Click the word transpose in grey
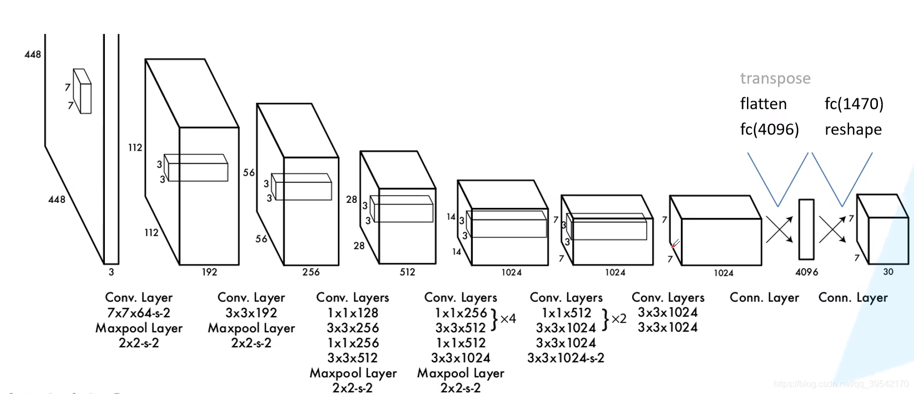pyautogui.click(x=775, y=78)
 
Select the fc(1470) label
pyautogui.click(x=854, y=104)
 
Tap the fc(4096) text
pyautogui.click(x=769, y=129)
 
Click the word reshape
pyautogui.click(x=853, y=129)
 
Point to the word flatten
pyautogui.click(x=763, y=104)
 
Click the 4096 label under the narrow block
pyautogui.click(x=806, y=272)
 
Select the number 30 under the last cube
pyautogui.click(x=888, y=272)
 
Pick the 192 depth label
pyautogui.click(x=209, y=272)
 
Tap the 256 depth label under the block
pyautogui.click(x=311, y=272)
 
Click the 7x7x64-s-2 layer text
pyautogui.click(x=139, y=313)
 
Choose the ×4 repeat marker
pyautogui.click(x=508, y=319)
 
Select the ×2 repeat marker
pyautogui.click(x=618, y=319)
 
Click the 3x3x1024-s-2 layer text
pyautogui.click(x=565, y=358)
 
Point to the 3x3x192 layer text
pyautogui.click(x=251, y=313)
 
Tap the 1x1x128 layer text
pyautogui.click(x=352, y=313)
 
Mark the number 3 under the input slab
pyautogui.click(x=111, y=272)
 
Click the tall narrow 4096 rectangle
pyautogui.click(x=806, y=229)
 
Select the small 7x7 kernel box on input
pyautogui.click(x=82, y=91)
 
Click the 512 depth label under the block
pyautogui.click(x=407, y=272)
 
